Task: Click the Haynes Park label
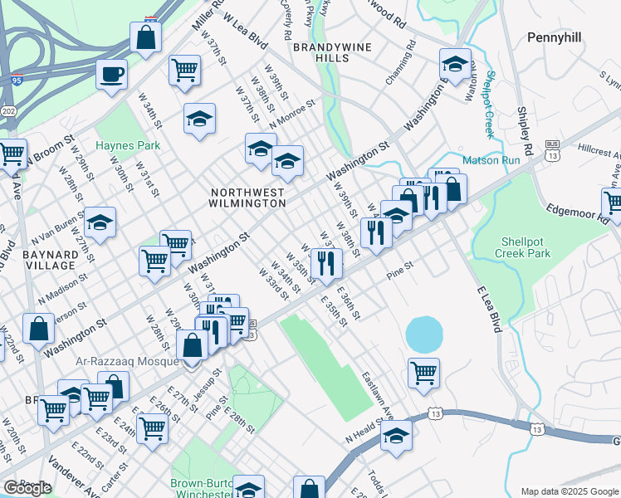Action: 127,145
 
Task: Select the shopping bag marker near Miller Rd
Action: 145,38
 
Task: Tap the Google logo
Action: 27,488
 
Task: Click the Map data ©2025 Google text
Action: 570,491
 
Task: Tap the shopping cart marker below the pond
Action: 423,373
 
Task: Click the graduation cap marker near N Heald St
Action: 396,435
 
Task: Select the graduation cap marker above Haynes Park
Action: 199,120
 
